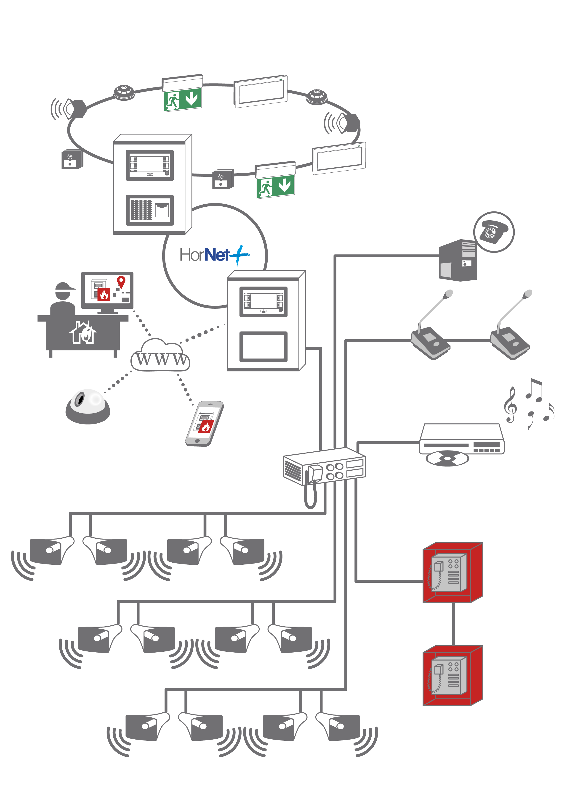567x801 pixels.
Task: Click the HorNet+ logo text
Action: (x=214, y=255)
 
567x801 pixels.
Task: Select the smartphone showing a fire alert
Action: (x=204, y=423)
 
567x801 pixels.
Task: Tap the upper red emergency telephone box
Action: (x=453, y=572)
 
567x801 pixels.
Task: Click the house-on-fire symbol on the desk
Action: (x=83, y=333)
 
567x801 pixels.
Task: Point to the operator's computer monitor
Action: (x=107, y=290)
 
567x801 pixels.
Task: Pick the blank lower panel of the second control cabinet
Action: (x=263, y=346)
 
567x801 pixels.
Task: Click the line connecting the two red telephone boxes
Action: (x=453, y=624)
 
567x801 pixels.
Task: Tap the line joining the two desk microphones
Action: (x=470, y=340)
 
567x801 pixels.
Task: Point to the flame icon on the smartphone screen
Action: (x=206, y=426)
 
